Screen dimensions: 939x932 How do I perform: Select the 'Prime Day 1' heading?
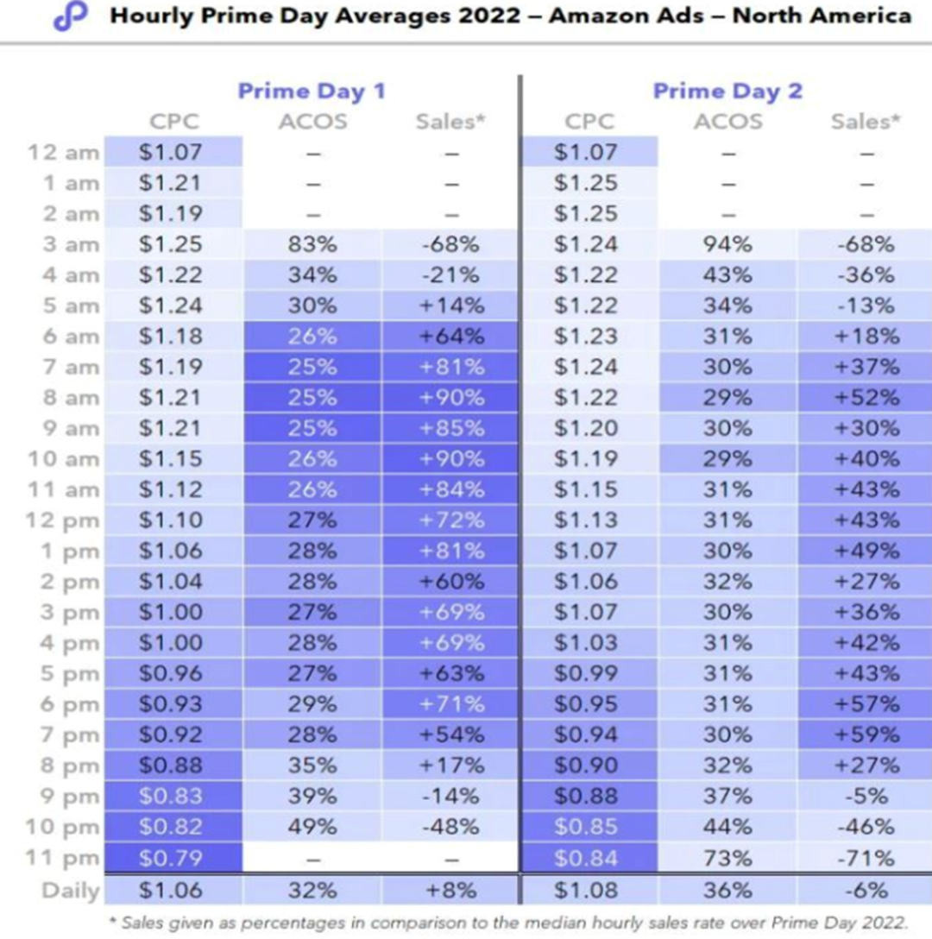[312, 91]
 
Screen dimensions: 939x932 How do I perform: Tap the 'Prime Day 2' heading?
[727, 91]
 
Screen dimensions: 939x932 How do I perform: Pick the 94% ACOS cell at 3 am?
[727, 244]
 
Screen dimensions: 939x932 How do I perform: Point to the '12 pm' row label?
[65, 520]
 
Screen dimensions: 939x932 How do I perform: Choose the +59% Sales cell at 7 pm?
[866, 735]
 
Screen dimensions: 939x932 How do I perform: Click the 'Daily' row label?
[70, 890]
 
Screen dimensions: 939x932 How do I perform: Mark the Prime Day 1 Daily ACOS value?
[312, 890]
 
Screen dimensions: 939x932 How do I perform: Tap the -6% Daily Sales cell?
[866, 890]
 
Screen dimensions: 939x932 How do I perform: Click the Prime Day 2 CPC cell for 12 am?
[586, 153]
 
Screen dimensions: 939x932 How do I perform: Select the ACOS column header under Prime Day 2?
[727, 122]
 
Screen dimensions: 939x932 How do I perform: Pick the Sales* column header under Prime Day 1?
[450, 122]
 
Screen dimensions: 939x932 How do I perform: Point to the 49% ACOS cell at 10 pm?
[312, 827]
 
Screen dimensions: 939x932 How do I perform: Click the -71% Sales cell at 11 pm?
[866, 857]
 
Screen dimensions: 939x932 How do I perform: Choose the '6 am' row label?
[70, 337]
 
